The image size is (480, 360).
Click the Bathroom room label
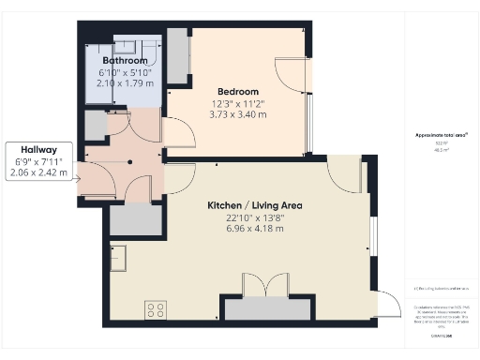(125, 60)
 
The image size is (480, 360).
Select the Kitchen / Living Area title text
(255, 204)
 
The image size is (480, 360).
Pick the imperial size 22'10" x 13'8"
(255, 217)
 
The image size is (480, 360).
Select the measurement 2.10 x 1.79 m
(125, 83)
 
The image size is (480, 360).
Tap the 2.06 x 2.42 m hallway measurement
(37, 173)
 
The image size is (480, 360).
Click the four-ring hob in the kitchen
(156, 307)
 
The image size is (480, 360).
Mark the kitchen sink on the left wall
(118, 255)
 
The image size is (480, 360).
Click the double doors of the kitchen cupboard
(266, 285)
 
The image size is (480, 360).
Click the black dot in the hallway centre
(130, 159)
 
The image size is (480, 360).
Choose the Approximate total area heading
(442, 135)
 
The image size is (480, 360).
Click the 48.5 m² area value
(442, 149)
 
